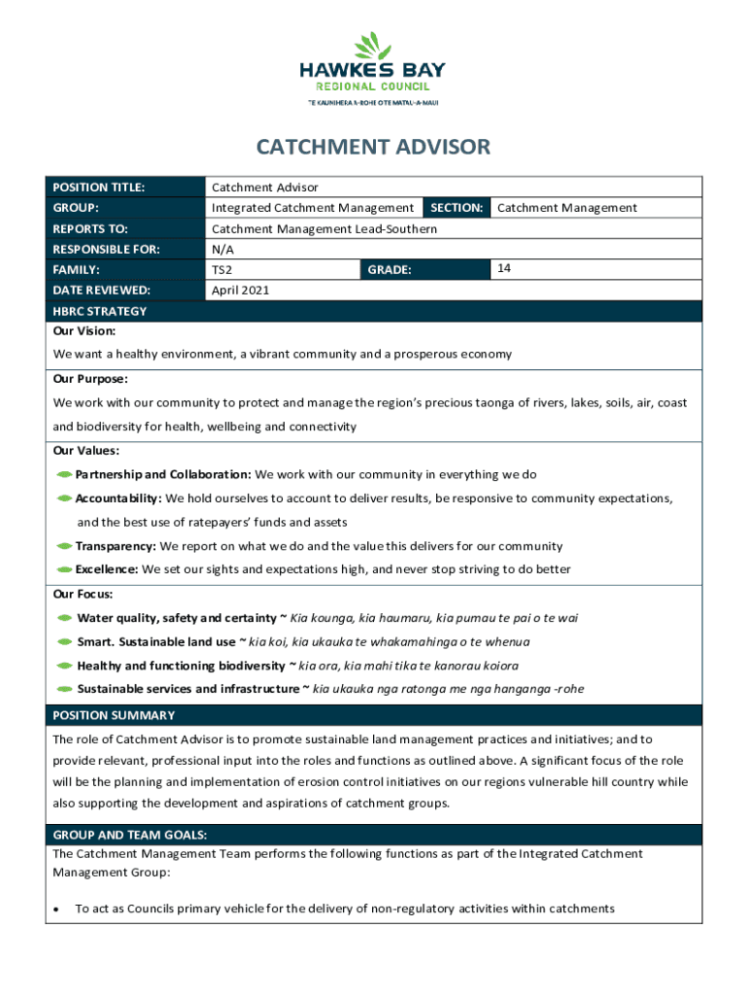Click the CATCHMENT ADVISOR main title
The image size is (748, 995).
tap(373, 148)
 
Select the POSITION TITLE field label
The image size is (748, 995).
tap(98, 187)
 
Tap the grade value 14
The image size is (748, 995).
tap(504, 267)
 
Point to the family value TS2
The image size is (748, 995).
tap(222, 270)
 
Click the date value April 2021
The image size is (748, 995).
tap(240, 290)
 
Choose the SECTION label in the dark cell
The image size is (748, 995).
tap(457, 207)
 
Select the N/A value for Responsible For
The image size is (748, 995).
tap(221, 249)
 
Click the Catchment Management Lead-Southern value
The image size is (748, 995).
tap(323, 228)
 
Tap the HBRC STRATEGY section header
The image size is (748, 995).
tap(100, 311)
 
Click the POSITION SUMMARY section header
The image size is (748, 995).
tap(114, 715)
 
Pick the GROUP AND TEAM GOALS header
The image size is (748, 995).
tap(129, 834)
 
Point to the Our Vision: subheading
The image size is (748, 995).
tap(85, 331)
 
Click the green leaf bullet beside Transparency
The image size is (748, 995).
tap(65, 546)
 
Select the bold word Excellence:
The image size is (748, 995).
tap(106, 569)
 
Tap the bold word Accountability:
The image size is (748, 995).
tap(119, 498)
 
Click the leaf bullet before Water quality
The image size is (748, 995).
tap(65, 618)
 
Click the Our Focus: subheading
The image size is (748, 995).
tap(83, 594)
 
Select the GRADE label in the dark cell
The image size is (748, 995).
tap(390, 269)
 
